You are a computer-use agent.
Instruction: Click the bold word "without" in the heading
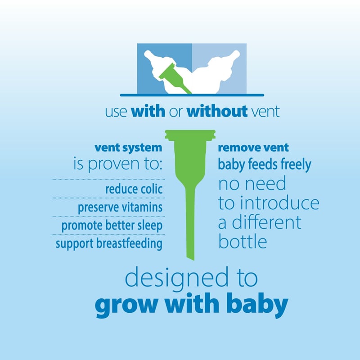point(217,111)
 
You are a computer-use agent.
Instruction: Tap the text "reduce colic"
point(134,189)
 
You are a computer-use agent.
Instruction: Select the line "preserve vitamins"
point(120,207)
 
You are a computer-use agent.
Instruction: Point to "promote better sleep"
point(112,226)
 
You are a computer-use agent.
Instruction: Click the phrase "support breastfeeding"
point(109,243)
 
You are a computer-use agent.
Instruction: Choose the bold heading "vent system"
point(128,148)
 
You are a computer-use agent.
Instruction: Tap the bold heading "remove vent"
point(253,148)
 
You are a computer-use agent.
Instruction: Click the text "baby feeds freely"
point(265,165)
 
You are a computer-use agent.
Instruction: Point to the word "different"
point(266,222)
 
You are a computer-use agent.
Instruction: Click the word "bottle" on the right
point(243,241)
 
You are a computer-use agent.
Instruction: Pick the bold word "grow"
point(126,305)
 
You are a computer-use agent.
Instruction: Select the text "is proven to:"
point(118,164)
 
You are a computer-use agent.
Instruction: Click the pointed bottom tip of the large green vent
point(193,260)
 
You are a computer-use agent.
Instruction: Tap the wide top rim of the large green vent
point(190,134)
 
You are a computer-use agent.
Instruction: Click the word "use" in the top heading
point(116,112)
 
